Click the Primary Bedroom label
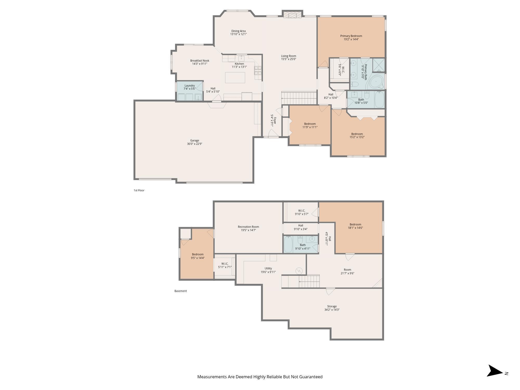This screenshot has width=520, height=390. [351, 36]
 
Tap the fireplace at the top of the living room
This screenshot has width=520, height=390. [292, 15]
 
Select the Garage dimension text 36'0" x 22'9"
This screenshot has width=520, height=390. [194, 144]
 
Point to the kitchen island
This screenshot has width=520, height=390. [235, 77]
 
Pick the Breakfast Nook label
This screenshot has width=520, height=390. [200, 61]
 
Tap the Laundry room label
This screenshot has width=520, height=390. [190, 86]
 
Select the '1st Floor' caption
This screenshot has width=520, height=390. [139, 190]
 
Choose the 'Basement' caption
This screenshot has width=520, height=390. [181, 291]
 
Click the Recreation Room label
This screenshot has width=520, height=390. [248, 227]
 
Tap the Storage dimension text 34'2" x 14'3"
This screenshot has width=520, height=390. [332, 310]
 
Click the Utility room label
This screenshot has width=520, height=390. [268, 269]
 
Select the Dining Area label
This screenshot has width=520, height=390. [238, 31]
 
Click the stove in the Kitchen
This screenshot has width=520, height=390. [258, 71]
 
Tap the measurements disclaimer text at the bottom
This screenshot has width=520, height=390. [260, 377]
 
